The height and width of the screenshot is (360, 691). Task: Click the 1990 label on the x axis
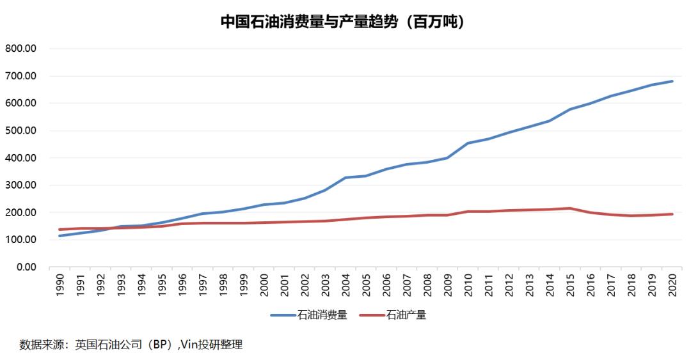click(x=60, y=285)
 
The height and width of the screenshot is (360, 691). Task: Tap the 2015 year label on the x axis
click(x=570, y=285)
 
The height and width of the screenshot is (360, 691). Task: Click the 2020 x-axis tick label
click(x=672, y=285)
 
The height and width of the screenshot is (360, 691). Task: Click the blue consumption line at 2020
click(x=672, y=81)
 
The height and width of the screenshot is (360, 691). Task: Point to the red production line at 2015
click(x=570, y=208)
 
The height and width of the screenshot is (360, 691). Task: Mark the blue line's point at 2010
click(x=468, y=143)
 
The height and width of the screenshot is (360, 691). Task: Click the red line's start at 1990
click(x=60, y=230)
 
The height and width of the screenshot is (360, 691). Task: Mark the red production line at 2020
click(x=672, y=214)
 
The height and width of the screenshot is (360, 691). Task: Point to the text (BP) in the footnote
click(x=160, y=345)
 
